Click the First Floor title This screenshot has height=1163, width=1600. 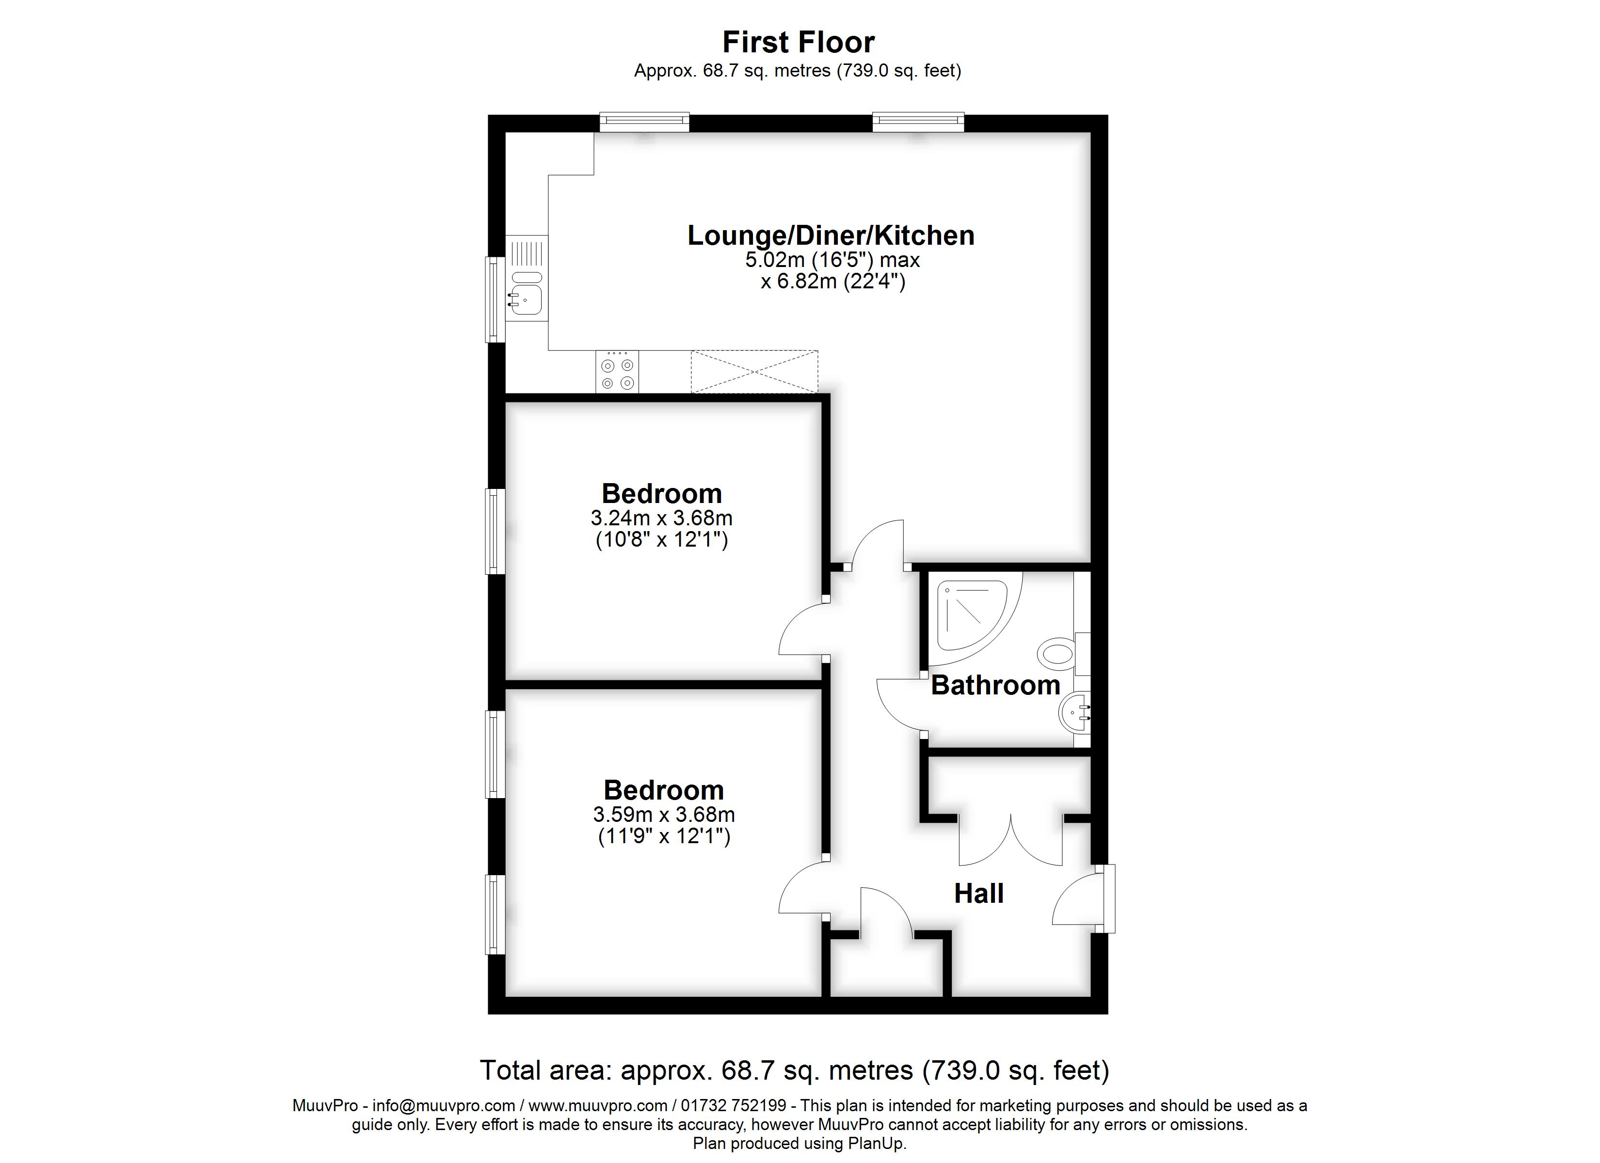(798, 42)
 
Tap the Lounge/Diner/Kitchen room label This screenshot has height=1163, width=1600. (831, 236)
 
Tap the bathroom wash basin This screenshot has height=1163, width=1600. (1074, 712)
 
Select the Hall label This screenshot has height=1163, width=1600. (978, 894)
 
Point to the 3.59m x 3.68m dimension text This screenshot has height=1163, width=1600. (663, 815)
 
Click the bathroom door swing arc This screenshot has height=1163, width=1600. (899, 705)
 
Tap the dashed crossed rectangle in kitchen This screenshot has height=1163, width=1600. (753, 372)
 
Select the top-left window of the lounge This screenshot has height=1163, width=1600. (643, 122)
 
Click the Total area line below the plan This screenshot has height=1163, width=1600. (794, 1070)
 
